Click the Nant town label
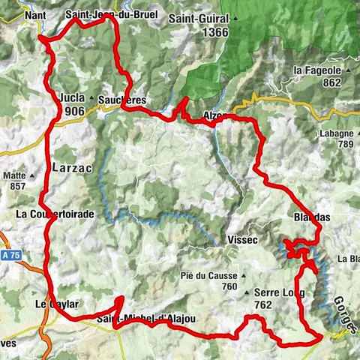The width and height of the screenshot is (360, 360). [x=34, y=15]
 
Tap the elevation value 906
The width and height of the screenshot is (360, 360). [x=73, y=111]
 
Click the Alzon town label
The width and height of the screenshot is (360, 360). [x=216, y=116]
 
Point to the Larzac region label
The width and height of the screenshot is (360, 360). [x=72, y=169]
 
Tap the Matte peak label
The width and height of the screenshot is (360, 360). [x=15, y=175]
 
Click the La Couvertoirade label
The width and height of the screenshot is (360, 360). [x=65, y=214]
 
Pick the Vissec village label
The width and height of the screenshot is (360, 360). [x=241, y=239]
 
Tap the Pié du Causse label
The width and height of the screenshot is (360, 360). [x=208, y=274]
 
